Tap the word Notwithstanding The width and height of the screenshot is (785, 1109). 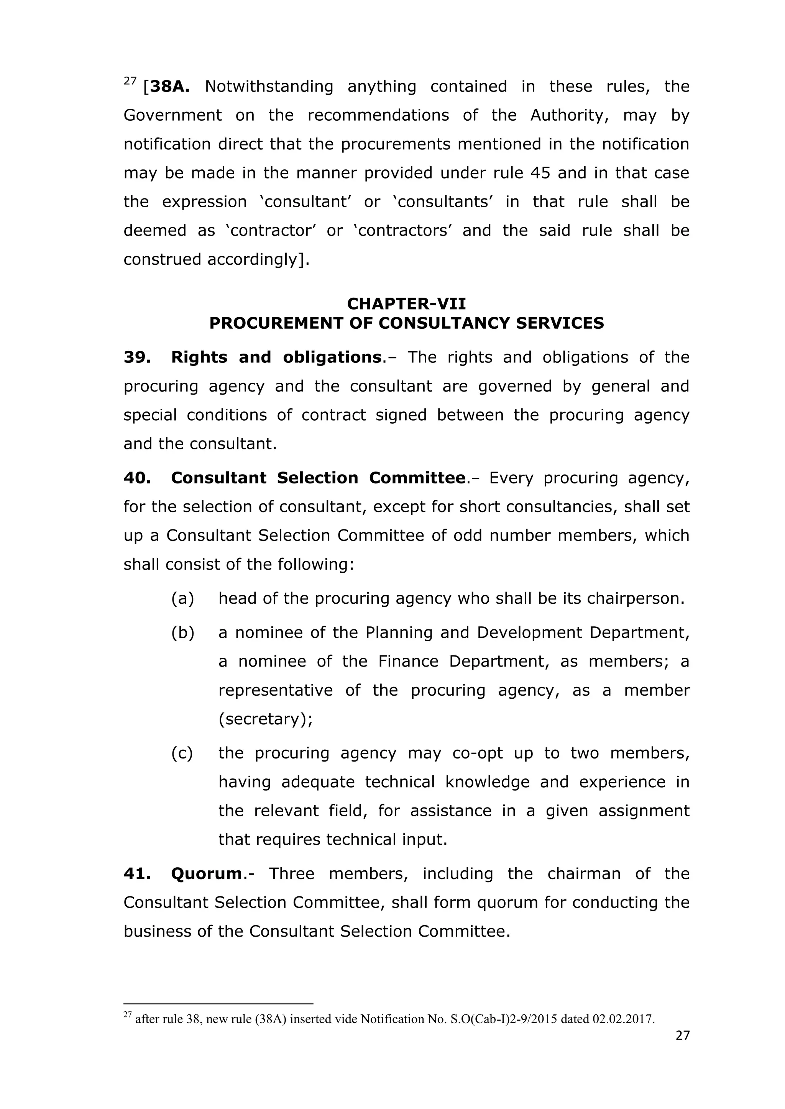point(269,87)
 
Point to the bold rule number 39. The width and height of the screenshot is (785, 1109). point(137,357)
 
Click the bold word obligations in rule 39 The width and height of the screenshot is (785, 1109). point(333,357)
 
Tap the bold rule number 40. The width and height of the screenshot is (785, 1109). point(137,478)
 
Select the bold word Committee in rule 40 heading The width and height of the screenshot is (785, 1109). point(417,478)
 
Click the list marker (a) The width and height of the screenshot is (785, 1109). point(183,598)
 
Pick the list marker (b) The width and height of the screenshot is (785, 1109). point(183,633)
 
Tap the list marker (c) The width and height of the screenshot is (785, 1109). point(182,753)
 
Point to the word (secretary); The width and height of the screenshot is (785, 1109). point(265,719)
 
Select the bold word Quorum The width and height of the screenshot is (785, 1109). point(206,874)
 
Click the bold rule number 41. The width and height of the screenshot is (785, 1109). point(137,874)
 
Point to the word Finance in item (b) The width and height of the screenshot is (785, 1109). point(408,661)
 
